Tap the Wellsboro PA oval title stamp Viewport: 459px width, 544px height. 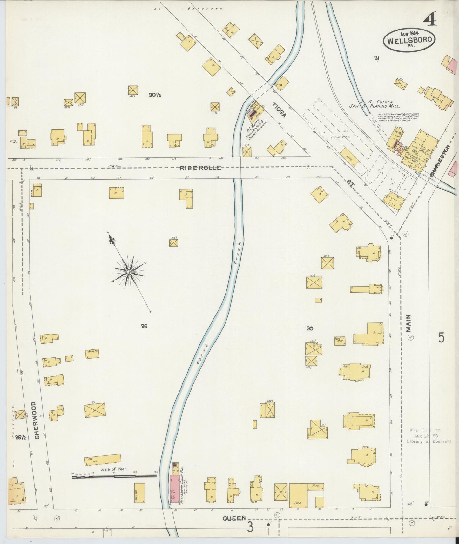409,40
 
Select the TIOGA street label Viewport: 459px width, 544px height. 279,110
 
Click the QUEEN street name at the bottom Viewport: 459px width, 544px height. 234,518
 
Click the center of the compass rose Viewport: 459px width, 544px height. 129,272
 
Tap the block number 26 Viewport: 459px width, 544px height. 144,326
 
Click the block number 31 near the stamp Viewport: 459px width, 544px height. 377,58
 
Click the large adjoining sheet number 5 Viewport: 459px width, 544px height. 441,337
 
